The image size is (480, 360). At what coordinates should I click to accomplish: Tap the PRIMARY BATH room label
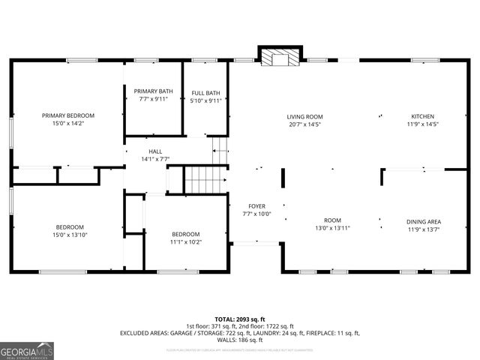tap(153, 91)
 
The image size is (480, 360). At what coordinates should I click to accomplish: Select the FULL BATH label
tap(205, 93)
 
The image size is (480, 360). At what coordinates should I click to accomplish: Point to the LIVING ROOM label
tap(304, 116)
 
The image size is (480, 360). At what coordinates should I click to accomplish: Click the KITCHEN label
tap(422, 116)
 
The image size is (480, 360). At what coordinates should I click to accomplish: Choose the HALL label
tap(155, 151)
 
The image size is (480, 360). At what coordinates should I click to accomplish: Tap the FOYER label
tap(257, 205)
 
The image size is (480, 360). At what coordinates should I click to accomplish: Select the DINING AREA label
tap(423, 221)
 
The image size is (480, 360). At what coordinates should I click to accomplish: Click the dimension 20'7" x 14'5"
tap(304, 124)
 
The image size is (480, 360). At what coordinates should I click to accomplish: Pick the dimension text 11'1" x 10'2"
tap(185, 241)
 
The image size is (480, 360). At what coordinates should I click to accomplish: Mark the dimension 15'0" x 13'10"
tap(69, 235)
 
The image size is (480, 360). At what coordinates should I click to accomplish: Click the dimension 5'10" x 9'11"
tap(205, 100)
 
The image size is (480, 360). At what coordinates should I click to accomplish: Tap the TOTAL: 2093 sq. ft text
tap(239, 319)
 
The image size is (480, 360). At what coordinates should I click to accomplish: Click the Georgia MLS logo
tap(27, 350)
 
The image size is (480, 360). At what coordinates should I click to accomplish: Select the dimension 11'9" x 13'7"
tap(423, 229)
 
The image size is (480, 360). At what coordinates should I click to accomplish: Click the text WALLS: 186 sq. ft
tap(239, 340)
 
